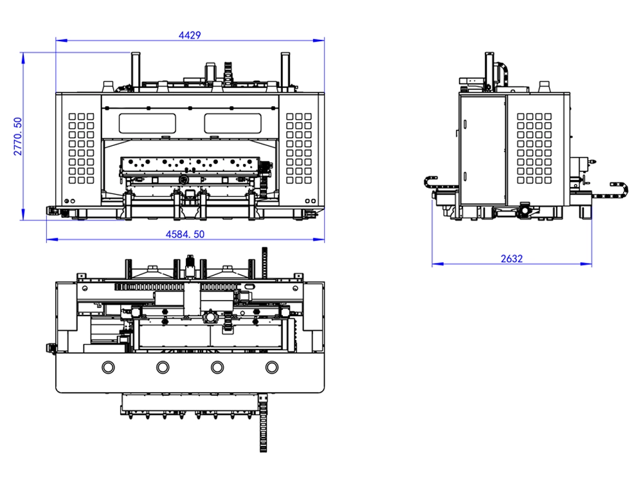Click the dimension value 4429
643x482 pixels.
click(190, 35)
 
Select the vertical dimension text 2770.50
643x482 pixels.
click(18, 136)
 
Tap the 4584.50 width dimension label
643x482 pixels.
click(185, 235)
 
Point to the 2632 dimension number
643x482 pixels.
click(512, 259)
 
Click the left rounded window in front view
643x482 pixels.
click(148, 120)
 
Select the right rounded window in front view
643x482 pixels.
click(233, 120)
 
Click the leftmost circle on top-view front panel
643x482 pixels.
click(107, 366)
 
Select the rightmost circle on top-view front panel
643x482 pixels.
click(273, 366)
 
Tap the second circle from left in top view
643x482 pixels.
click(162, 366)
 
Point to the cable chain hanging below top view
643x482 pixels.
click(264, 424)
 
